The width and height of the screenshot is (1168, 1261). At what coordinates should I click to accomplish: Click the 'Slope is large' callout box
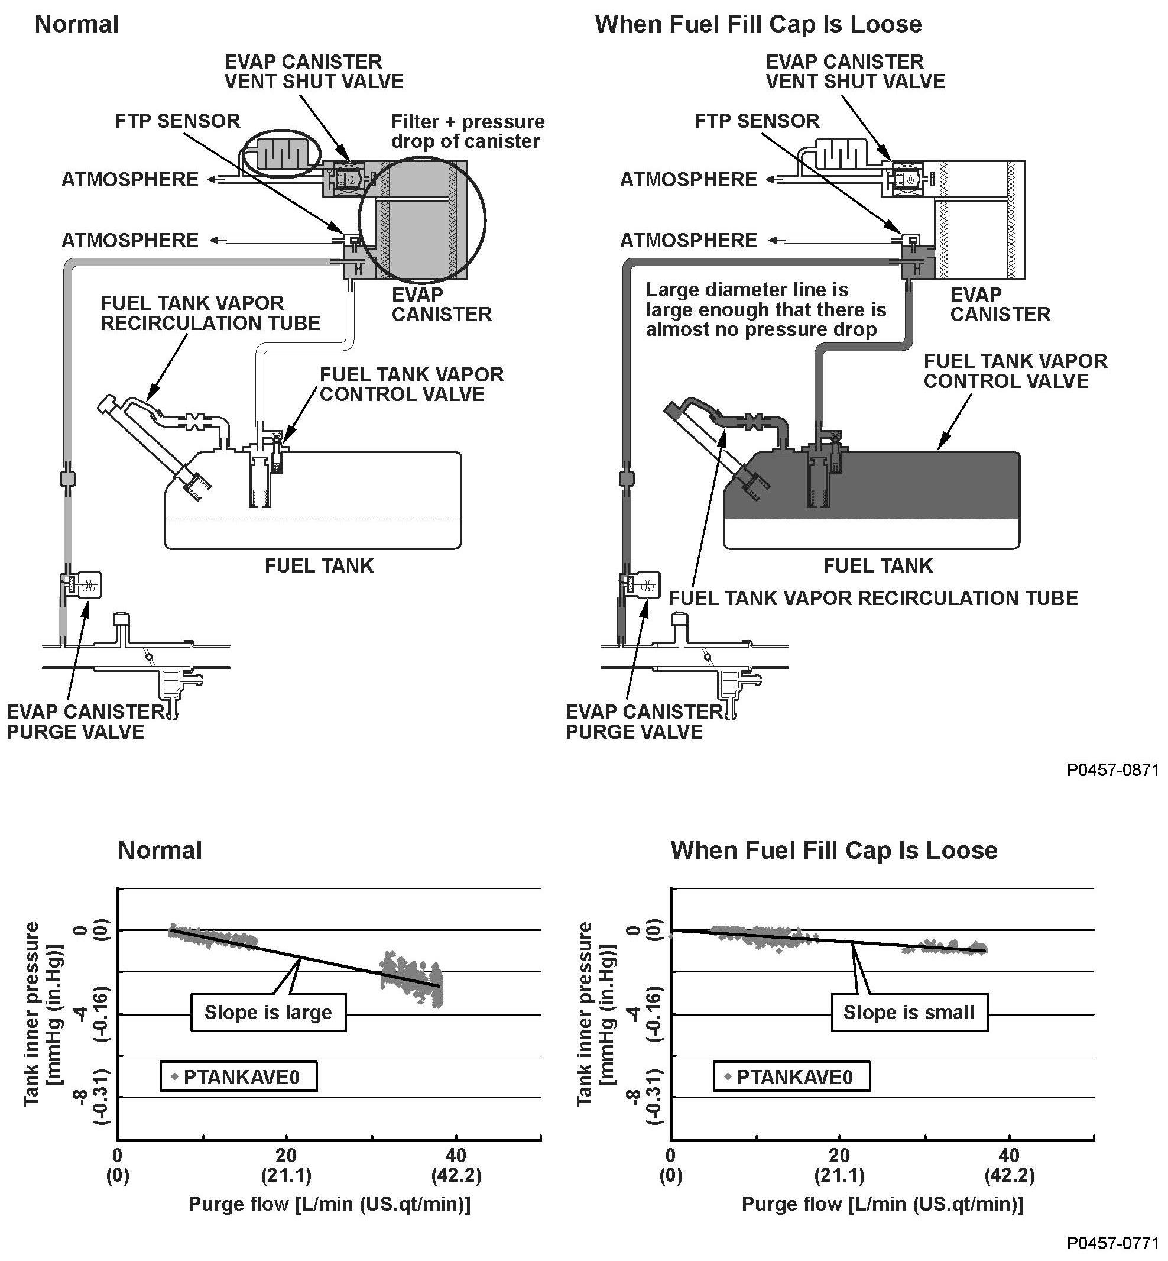coord(268,1013)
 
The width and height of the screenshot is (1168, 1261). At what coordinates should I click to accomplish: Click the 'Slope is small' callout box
coord(909,1013)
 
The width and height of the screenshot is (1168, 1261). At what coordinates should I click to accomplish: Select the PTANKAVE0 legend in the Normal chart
coord(238,1076)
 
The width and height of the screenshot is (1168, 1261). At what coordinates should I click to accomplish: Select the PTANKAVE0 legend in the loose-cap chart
coord(791,1076)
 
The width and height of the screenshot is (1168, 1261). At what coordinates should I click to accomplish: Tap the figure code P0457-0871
coord(1112,769)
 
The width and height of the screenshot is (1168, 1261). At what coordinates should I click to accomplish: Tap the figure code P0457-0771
coord(1112,1243)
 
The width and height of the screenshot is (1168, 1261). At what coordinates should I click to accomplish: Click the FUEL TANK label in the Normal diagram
coord(319,565)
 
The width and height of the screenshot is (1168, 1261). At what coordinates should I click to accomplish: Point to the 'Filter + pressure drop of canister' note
coord(467,131)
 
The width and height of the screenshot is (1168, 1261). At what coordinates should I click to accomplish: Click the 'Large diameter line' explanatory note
coord(765,310)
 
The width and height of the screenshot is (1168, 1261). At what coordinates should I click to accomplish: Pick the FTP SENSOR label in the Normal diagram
coord(177,121)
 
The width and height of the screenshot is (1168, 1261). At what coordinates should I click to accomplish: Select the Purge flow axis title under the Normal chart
coord(329,1204)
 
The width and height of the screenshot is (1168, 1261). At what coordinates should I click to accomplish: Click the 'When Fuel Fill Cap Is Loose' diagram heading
coord(758,25)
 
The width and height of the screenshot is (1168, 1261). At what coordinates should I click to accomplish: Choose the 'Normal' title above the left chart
coord(160,851)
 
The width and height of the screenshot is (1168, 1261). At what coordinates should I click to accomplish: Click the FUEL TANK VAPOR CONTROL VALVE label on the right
coord(1015,371)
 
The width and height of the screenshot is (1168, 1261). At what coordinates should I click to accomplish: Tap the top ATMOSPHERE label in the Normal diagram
coord(129,180)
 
